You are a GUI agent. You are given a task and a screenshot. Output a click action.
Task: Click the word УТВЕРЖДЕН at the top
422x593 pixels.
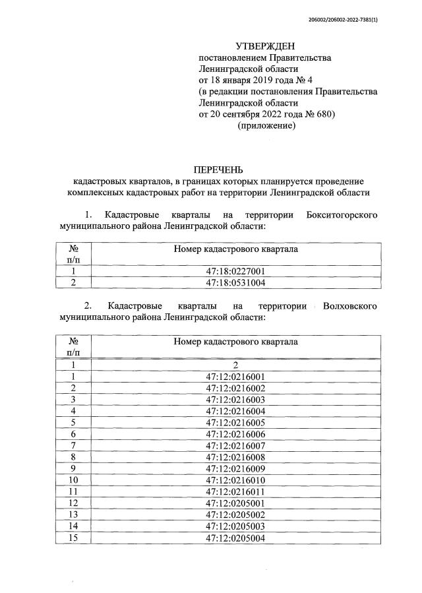pyautogui.click(x=266, y=46)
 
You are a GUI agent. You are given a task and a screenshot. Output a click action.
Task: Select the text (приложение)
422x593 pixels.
pyautogui.click(x=266, y=125)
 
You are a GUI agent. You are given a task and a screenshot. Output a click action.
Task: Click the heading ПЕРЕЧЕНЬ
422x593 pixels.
pyautogui.click(x=218, y=170)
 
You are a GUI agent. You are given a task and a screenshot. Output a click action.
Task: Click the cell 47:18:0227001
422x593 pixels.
pyautogui.click(x=235, y=271)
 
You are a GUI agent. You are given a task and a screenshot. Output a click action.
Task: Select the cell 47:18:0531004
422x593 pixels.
pyautogui.click(x=235, y=283)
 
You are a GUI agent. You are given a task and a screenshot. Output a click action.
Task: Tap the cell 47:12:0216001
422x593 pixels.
pyautogui.click(x=235, y=377)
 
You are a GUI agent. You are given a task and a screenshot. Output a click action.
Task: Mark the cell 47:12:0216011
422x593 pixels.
pyautogui.click(x=235, y=491)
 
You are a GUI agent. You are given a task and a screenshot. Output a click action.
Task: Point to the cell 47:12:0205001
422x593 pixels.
pyautogui.click(x=235, y=503)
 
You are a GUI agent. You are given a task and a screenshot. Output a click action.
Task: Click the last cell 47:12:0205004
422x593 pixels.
pyautogui.click(x=235, y=538)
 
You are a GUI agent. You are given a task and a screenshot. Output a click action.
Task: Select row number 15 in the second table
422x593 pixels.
pyautogui.click(x=74, y=538)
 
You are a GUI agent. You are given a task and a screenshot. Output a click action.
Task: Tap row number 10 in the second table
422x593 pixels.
pyautogui.click(x=74, y=480)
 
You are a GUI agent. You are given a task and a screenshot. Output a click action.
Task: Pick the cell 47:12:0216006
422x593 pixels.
pyautogui.click(x=235, y=434)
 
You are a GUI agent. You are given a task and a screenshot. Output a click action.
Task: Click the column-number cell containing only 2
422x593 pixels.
pyautogui.click(x=235, y=365)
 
